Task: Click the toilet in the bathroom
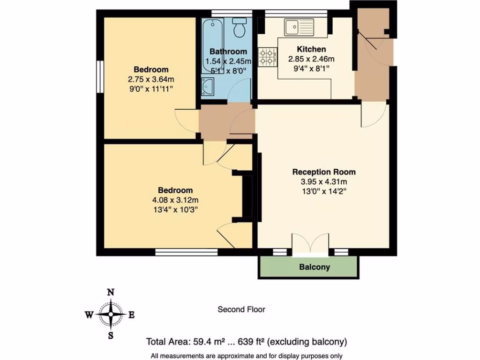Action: coord(240,28)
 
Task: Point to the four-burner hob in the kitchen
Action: coord(267,57)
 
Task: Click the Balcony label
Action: coord(315,267)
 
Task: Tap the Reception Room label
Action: coord(324,172)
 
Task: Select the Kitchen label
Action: coord(311,49)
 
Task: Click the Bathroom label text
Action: coord(228,51)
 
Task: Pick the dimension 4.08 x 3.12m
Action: coord(175,200)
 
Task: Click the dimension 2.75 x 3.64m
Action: coord(150,79)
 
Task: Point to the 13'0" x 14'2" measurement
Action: coord(324,191)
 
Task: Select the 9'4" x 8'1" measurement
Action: coord(311,68)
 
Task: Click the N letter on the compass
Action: coord(111,292)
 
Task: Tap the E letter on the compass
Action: coord(132,315)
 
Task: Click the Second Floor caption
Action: coord(241,309)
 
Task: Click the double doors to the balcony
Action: coord(309,245)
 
